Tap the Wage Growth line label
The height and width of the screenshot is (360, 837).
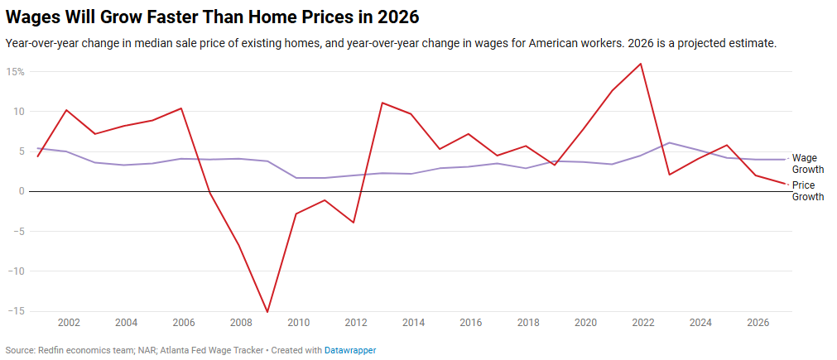coord(807,163)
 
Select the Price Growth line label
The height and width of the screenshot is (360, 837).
coord(807,191)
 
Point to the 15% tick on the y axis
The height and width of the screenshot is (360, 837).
coord(16,72)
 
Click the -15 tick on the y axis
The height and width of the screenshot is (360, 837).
coord(16,311)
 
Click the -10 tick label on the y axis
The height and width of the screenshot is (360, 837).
coord(16,271)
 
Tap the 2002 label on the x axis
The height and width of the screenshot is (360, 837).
coord(69,323)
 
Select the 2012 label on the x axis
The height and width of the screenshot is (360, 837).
coord(355,323)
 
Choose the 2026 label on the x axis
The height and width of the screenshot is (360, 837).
coord(757,323)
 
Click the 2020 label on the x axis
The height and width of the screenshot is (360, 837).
coord(584,323)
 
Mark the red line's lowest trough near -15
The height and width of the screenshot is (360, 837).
coord(267,312)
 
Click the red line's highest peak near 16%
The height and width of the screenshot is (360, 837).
coord(641,64)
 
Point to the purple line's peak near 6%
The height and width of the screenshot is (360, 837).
coord(670,142)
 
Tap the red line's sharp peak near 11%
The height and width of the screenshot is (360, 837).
coord(382,103)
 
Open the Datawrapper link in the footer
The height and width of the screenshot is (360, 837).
coord(350,351)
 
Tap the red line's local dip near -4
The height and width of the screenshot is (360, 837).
coord(354,222)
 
